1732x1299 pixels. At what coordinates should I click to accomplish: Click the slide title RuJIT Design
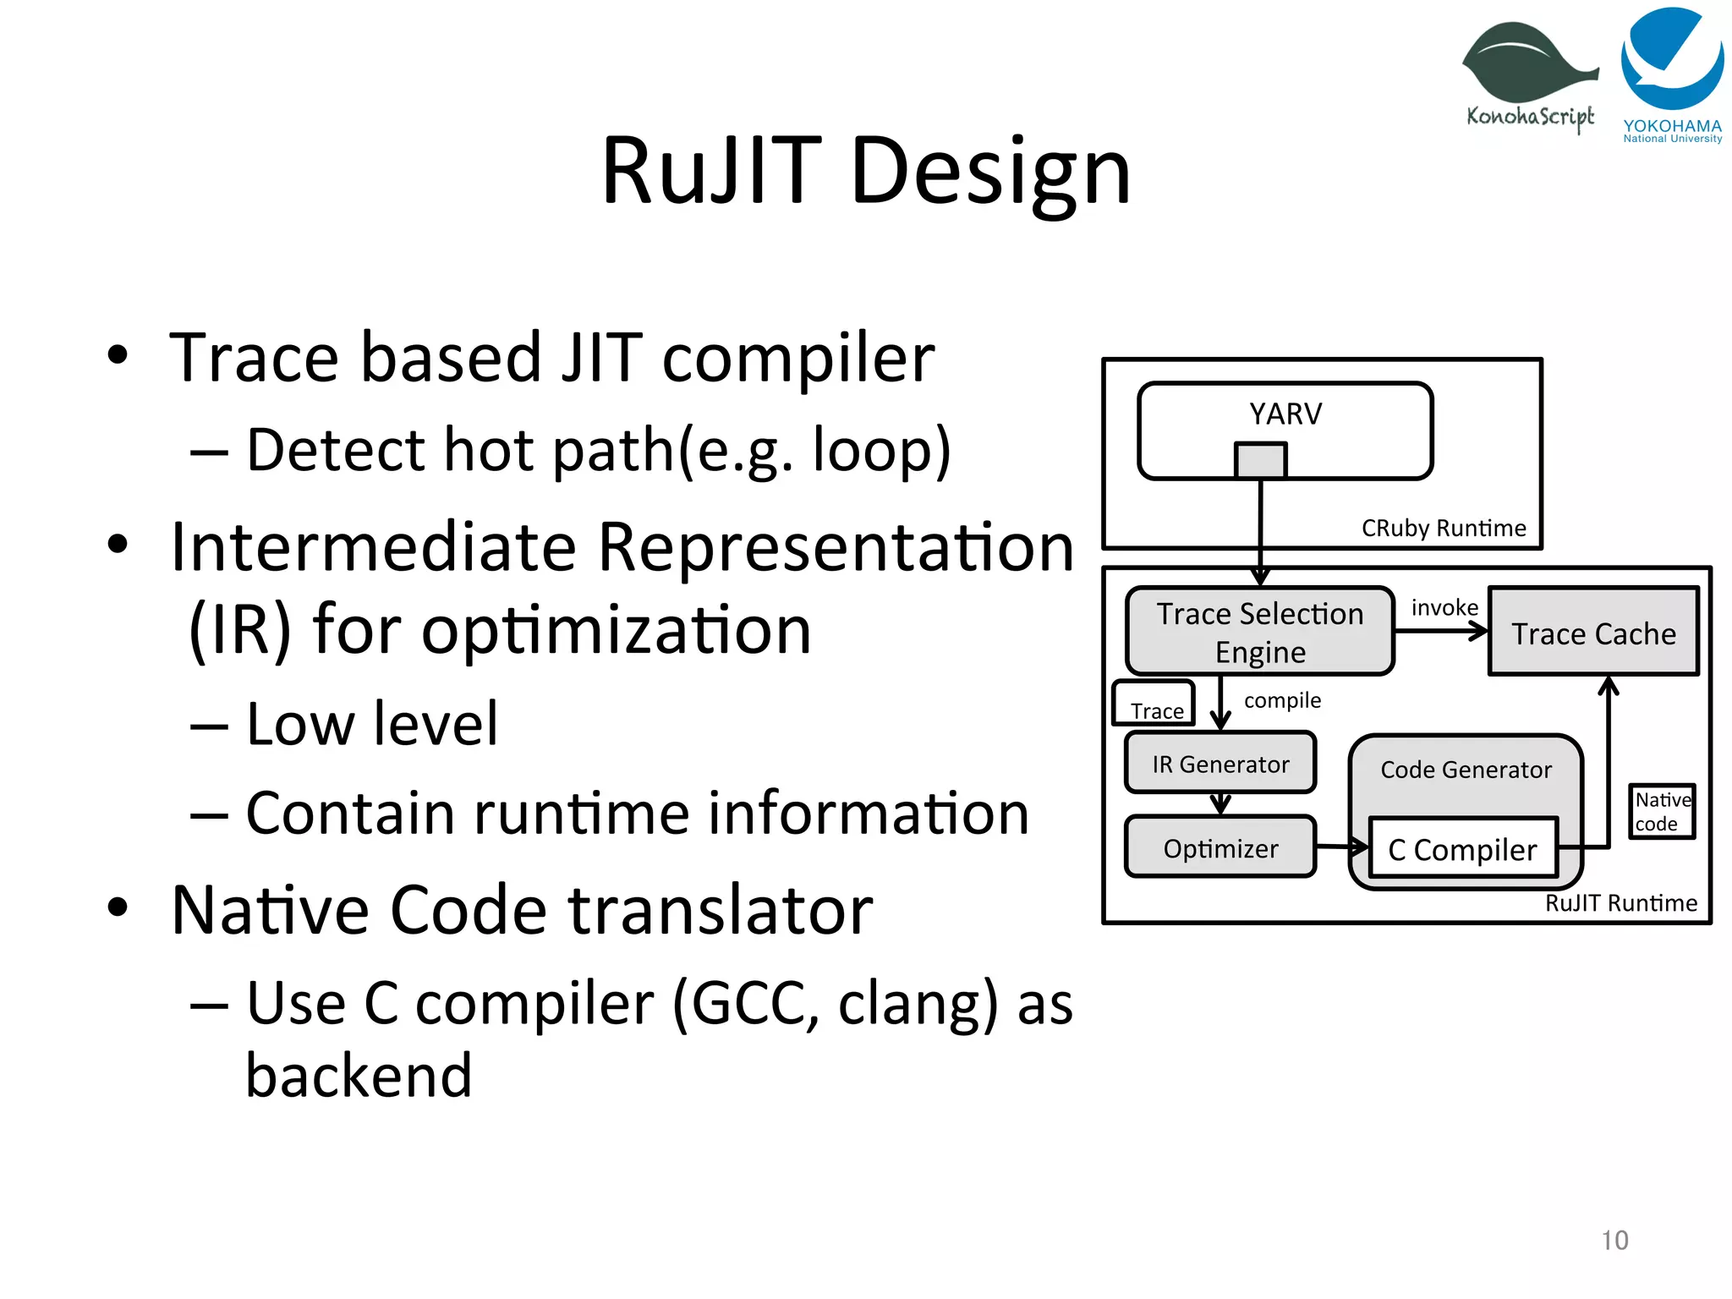click(x=865, y=172)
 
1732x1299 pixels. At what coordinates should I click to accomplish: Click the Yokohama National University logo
click(x=1672, y=74)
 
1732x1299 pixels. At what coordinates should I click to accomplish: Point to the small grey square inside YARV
click(x=1260, y=461)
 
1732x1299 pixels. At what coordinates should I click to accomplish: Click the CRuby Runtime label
click(x=1443, y=529)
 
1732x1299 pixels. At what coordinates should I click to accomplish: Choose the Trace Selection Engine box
click(x=1259, y=632)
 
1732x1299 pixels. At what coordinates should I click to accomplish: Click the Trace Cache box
click(x=1593, y=633)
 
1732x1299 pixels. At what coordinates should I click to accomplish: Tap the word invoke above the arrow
click(x=1444, y=608)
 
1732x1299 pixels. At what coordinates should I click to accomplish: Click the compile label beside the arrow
click(x=1281, y=700)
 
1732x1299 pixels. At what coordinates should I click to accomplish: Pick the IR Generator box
click(x=1220, y=764)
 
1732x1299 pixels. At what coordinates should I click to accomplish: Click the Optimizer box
click(x=1220, y=848)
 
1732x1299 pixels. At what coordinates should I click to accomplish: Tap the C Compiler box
click(x=1462, y=849)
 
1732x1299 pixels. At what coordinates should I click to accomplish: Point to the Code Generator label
click(x=1466, y=770)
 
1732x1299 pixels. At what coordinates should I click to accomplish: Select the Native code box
click(x=1662, y=812)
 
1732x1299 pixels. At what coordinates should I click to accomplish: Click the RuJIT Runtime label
click(x=1620, y=903)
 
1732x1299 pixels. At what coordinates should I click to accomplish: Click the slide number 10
click(x=1614, y=1241)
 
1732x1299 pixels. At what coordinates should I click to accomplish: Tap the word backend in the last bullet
click(x=359, y=1076)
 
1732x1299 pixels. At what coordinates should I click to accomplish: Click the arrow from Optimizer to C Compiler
click(x=1341, y=847)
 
